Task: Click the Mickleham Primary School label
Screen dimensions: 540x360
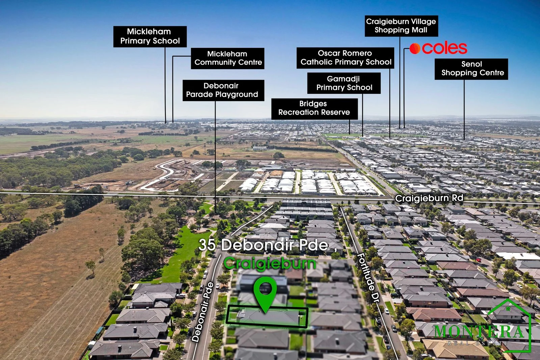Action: pyautogui.click(x=150, y=36)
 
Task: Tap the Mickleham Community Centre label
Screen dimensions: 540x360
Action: pyautogui.click(x=227, y=58)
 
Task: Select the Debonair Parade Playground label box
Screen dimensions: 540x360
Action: pyautogui.click(x=223, y=90)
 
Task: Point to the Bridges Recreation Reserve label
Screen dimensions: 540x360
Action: pyautogui.click(x=314, y=109)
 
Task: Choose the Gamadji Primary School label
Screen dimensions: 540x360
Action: pyautogui.click(x=344, y=83)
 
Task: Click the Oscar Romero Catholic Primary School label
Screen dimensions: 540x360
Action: pyautogui.click(x=345, y=58)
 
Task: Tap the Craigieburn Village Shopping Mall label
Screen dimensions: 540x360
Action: pyautogui.click(x=401, y=26)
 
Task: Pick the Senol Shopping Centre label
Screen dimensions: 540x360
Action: pyautogui.click(x=471, y=69)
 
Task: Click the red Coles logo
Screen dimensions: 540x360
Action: pyautogui.click(x=438, y=49)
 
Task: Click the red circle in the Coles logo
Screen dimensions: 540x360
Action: pyautogui.click(x=415, y=49)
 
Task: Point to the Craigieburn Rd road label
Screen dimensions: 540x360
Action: pyautogui.click(x=429, y=198)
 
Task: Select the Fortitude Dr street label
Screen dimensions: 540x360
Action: pyautogui.click(x=368, y=277)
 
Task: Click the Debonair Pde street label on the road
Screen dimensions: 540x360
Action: pyautogui.click(x=203, y=312)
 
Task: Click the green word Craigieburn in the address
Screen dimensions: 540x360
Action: pyautogui.click(x=270, y=264)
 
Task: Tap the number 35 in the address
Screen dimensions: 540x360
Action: pyautogui.click(x=207, y=245)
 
